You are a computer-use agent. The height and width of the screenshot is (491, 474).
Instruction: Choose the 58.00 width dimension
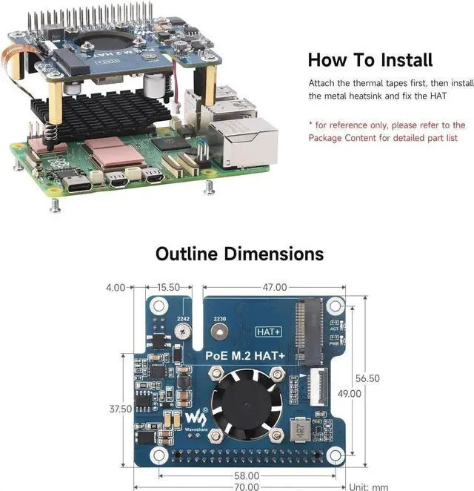[246, 475]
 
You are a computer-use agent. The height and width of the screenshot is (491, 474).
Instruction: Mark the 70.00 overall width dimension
[247, 487]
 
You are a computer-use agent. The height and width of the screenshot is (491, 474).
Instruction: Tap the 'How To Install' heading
[370, 59]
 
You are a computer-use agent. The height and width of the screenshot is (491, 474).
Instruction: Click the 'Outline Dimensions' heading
[239, 254]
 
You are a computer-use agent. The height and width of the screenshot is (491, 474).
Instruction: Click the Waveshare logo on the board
[194, 415]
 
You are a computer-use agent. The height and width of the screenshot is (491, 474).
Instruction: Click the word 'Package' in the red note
[327, 138]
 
